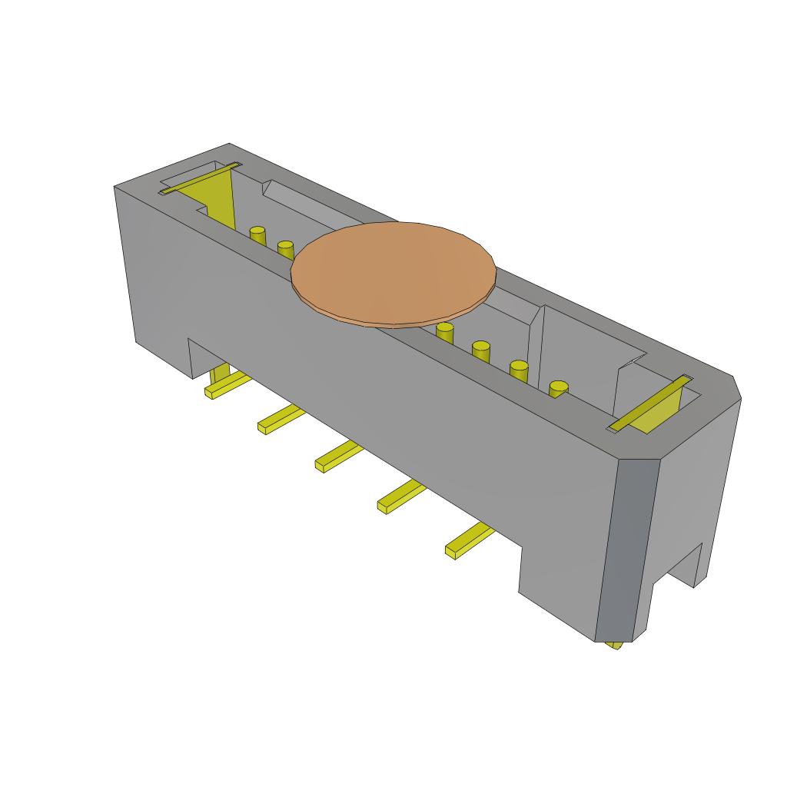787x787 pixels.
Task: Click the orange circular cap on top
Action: point(393,273)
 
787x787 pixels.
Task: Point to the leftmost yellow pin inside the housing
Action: point(257,235)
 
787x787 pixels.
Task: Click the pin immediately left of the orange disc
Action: point(285,249)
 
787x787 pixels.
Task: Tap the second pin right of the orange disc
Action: point(481,351)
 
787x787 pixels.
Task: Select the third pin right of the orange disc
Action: point(519,370)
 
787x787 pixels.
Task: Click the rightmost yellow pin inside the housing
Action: point(559,389)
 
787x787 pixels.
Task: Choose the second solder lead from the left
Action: point(281,418)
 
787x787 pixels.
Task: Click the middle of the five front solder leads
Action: point(338,457)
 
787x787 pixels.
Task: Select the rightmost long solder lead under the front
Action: point(469,540)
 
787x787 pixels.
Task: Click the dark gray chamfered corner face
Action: point(627,550)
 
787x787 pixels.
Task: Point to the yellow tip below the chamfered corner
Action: point(615,645)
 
